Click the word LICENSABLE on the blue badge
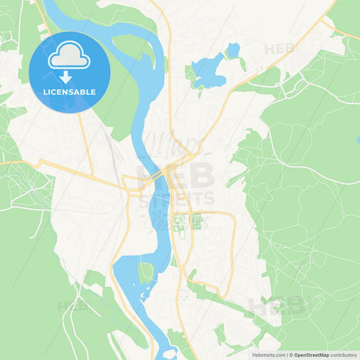click(x=70, y=92)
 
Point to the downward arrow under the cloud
click(x=70, y=75)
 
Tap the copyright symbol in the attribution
click(x=291, y=355)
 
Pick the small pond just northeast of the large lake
click(x=233, y=50)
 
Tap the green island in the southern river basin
click(x=145, y=272)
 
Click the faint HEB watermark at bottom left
click(x=72, y=305)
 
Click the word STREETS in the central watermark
click(x=176, y=199)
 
